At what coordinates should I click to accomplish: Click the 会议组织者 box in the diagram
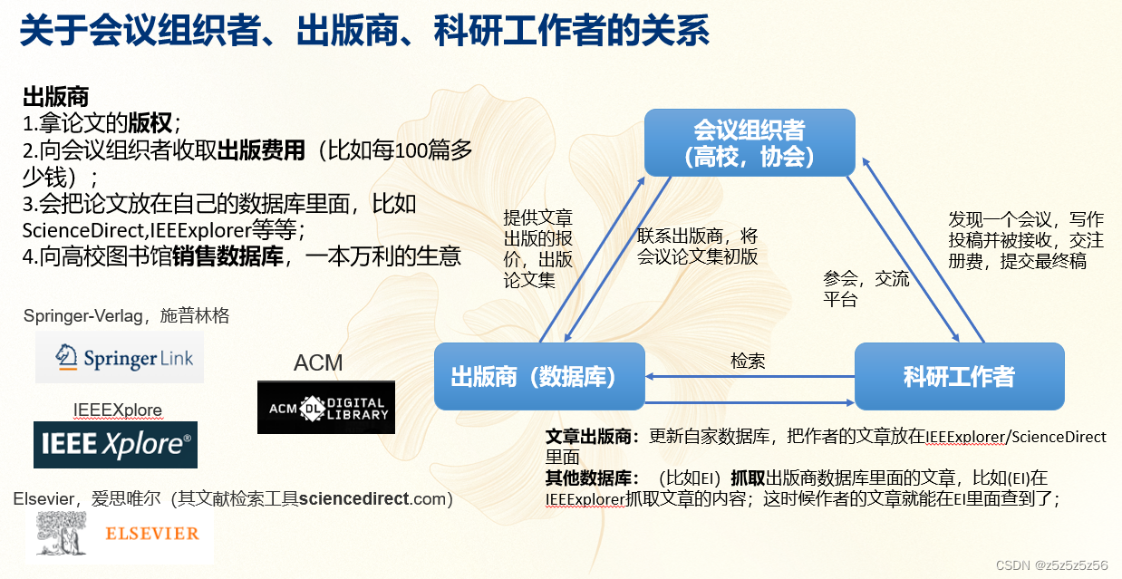(x=750, y=142)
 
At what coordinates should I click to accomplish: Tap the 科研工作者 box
(x=959, y=376)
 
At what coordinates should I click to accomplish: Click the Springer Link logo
(x=120, y=357)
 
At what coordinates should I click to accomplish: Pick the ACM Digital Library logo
(x=326, y=408)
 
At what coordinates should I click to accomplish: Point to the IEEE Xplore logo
(x=115, y=444)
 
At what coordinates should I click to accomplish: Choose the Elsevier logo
(x=124, y=535)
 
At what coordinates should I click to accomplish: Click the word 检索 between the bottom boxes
(x=748, y=361)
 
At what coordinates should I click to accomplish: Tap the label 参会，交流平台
(x=866, y=288)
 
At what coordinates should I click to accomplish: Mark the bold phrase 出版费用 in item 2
(x=262, y=150)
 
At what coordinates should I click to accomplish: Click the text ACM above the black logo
(x=318, y=363)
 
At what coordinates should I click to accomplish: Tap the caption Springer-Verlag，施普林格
(x=126, y=316)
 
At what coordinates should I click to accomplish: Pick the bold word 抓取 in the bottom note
(x=747, y=477)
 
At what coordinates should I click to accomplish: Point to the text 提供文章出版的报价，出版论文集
(x=538, y=249)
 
